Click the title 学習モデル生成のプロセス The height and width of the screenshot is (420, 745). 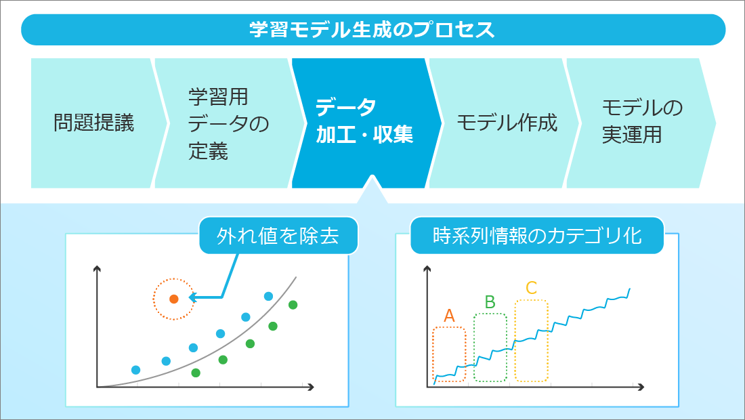[372, 29]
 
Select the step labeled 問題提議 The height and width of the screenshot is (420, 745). [93, 123]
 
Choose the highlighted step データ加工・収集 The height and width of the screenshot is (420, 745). [365, 123]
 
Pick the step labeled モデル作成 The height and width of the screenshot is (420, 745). [507, 123]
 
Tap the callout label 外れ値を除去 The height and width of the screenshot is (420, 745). [278, 236]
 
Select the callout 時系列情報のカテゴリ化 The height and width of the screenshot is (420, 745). [537, 236]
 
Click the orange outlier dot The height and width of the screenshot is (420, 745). [174, 299]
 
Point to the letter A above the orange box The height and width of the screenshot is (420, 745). [449, 316]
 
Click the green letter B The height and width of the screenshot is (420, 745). [490, 302]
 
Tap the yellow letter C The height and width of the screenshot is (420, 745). [531, 288]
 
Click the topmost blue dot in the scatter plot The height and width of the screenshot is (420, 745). [268, 297]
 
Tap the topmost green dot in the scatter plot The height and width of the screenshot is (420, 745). [293, 305]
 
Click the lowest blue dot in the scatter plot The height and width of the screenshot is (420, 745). [136, 370]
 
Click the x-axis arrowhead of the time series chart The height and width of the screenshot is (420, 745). [641, 387]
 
